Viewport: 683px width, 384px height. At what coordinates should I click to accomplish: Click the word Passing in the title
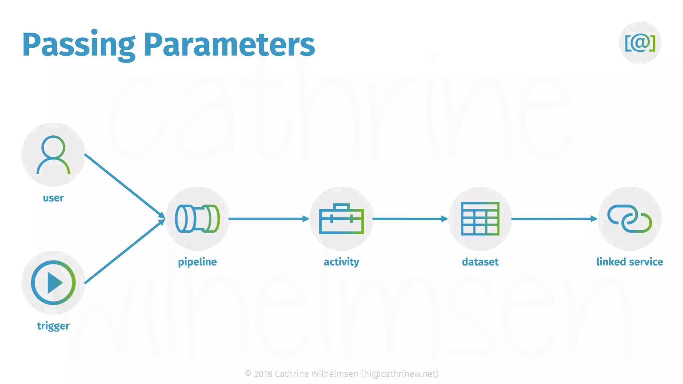tap(79, 45)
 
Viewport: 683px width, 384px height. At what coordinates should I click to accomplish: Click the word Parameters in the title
tap(229, 45)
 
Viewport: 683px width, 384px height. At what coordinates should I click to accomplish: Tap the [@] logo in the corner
tap(640, 43)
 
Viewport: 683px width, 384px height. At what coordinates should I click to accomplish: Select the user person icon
tap(53, 155)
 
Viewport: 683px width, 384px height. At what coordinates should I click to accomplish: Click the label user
tap(53, 198)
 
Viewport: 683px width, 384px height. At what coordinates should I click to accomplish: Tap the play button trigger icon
tap(53, 283)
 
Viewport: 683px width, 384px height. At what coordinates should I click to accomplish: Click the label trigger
tap(53, 326)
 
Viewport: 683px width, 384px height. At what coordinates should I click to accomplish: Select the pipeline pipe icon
tap(197, 219)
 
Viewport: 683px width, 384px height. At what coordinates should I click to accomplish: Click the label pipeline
tap(197, 262)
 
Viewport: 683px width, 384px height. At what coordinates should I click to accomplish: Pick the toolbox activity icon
tap(341, 219)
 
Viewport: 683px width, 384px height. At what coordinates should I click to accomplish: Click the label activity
tap(341, 262)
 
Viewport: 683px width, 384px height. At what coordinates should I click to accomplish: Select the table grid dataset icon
tap(480, 219)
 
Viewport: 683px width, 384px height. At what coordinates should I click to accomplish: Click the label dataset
tap(480, 262)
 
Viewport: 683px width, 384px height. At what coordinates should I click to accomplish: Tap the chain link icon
tap(629, 219)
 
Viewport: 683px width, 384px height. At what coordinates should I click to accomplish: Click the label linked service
tap(629, 262)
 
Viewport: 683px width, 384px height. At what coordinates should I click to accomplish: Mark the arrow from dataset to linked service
tap(554, 219)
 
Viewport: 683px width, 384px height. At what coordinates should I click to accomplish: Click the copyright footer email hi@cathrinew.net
tap(400, 374)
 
